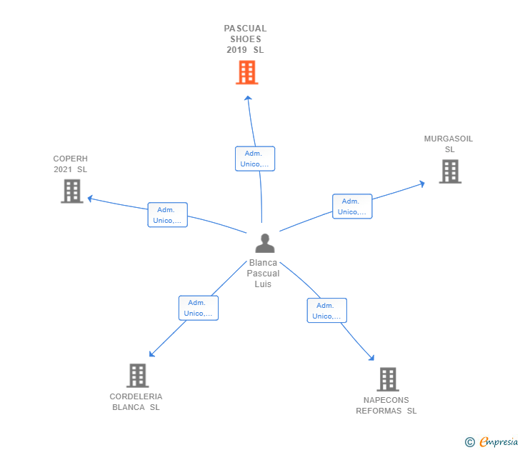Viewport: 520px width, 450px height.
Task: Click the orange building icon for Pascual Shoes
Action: (x=247, y=72)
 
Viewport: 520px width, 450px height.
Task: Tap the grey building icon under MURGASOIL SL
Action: (x=450, y=171)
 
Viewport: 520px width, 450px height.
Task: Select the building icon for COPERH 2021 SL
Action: (x=72, y=191)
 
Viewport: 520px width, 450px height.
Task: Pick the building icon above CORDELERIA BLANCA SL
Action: (x=138, y=376)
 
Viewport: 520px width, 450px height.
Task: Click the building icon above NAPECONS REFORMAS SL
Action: (x=388, y=379)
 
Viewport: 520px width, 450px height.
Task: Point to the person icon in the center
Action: (x=265, y=244)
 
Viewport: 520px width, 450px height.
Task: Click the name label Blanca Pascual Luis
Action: (x=263, y=274)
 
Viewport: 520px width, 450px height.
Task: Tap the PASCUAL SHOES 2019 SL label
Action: (x=246, y=39)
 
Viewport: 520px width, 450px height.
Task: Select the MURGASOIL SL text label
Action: (x=449, y=144)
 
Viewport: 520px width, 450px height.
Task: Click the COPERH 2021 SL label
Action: (x=70, y=164)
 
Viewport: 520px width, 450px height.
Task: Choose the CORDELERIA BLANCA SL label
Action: (x=136, y=401)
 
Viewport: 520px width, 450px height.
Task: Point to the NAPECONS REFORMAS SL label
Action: (x=386, y=405)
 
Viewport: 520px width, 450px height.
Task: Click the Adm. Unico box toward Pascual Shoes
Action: (x=255, y=159)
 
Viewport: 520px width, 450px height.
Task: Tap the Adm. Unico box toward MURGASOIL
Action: (x=352, y=206)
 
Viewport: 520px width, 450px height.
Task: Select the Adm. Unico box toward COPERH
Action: (x=167, y=215)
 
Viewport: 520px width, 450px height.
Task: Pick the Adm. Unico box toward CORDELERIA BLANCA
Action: (x=199, y=308)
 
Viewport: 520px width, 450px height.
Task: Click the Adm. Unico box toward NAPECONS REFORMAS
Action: (x=326, y=311)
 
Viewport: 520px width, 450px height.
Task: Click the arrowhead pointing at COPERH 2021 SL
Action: (x=89, y=199)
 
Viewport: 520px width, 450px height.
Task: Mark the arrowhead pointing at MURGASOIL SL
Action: (x=422, y=184)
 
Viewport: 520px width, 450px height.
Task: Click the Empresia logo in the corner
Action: (x=491, y=441)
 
